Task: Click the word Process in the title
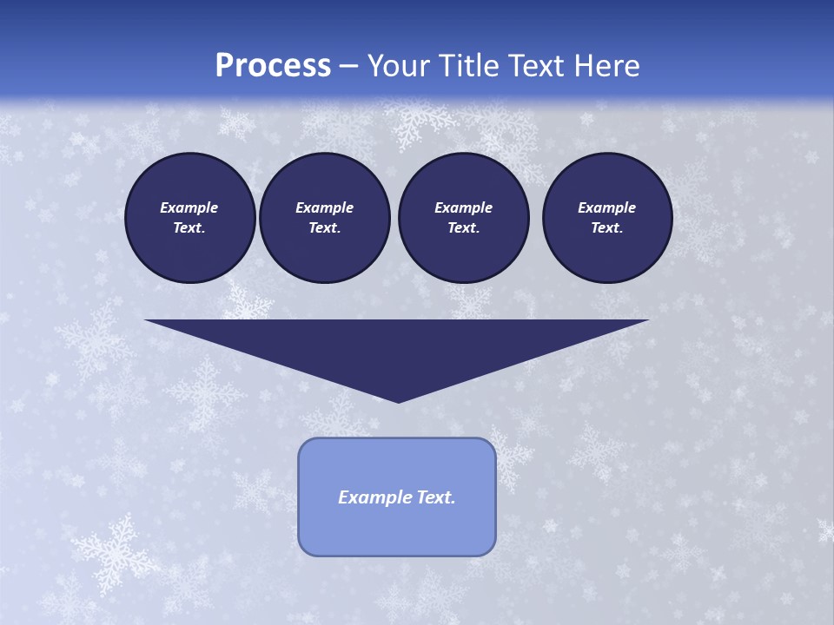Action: click(273, 66)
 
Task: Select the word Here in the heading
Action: click(606, 66)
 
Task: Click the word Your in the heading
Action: click(398, 66)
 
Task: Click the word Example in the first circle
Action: click(189, 207)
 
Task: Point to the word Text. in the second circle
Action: click(324, 227)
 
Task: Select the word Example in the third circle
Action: click(463, 207)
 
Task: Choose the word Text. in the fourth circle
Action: click(607, 227)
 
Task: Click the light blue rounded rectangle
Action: click(397, 530)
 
